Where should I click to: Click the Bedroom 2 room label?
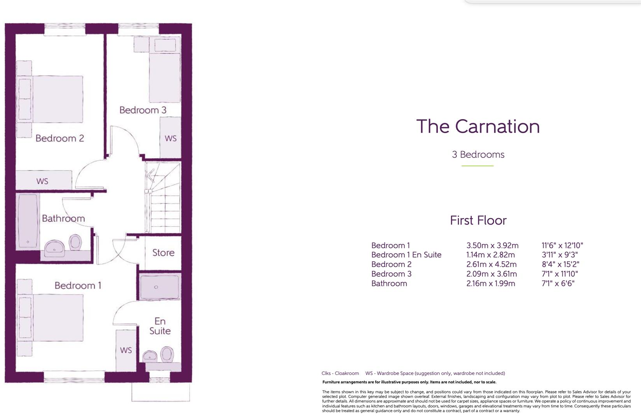tap(59, 139)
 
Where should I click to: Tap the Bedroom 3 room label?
tap(143, 110)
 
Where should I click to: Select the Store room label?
tap(163, 253)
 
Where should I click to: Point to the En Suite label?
tap(160, 326)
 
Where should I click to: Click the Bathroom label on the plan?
tap(63, 218)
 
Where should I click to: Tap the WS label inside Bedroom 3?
tap(171, 139)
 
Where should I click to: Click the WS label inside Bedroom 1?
tap(126, 350)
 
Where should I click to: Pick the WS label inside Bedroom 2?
tap(42, 181)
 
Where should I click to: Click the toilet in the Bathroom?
tap(75, 242)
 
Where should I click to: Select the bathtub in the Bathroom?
tap(28, 222)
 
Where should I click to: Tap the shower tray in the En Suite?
tap(159, 287)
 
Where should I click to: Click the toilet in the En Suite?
tap(167, 354)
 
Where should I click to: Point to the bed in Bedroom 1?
tap(57, 317)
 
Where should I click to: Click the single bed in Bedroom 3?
tap(165, 74)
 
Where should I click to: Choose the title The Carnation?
tap(478, 127)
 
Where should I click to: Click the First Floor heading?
tap(478, 220)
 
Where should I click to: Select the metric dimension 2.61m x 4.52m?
tap(491, 265)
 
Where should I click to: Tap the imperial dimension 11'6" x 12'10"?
tap(562, 246)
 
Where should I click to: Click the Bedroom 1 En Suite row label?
tap(406, 255)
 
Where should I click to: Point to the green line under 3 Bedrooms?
tap(477, 166)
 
